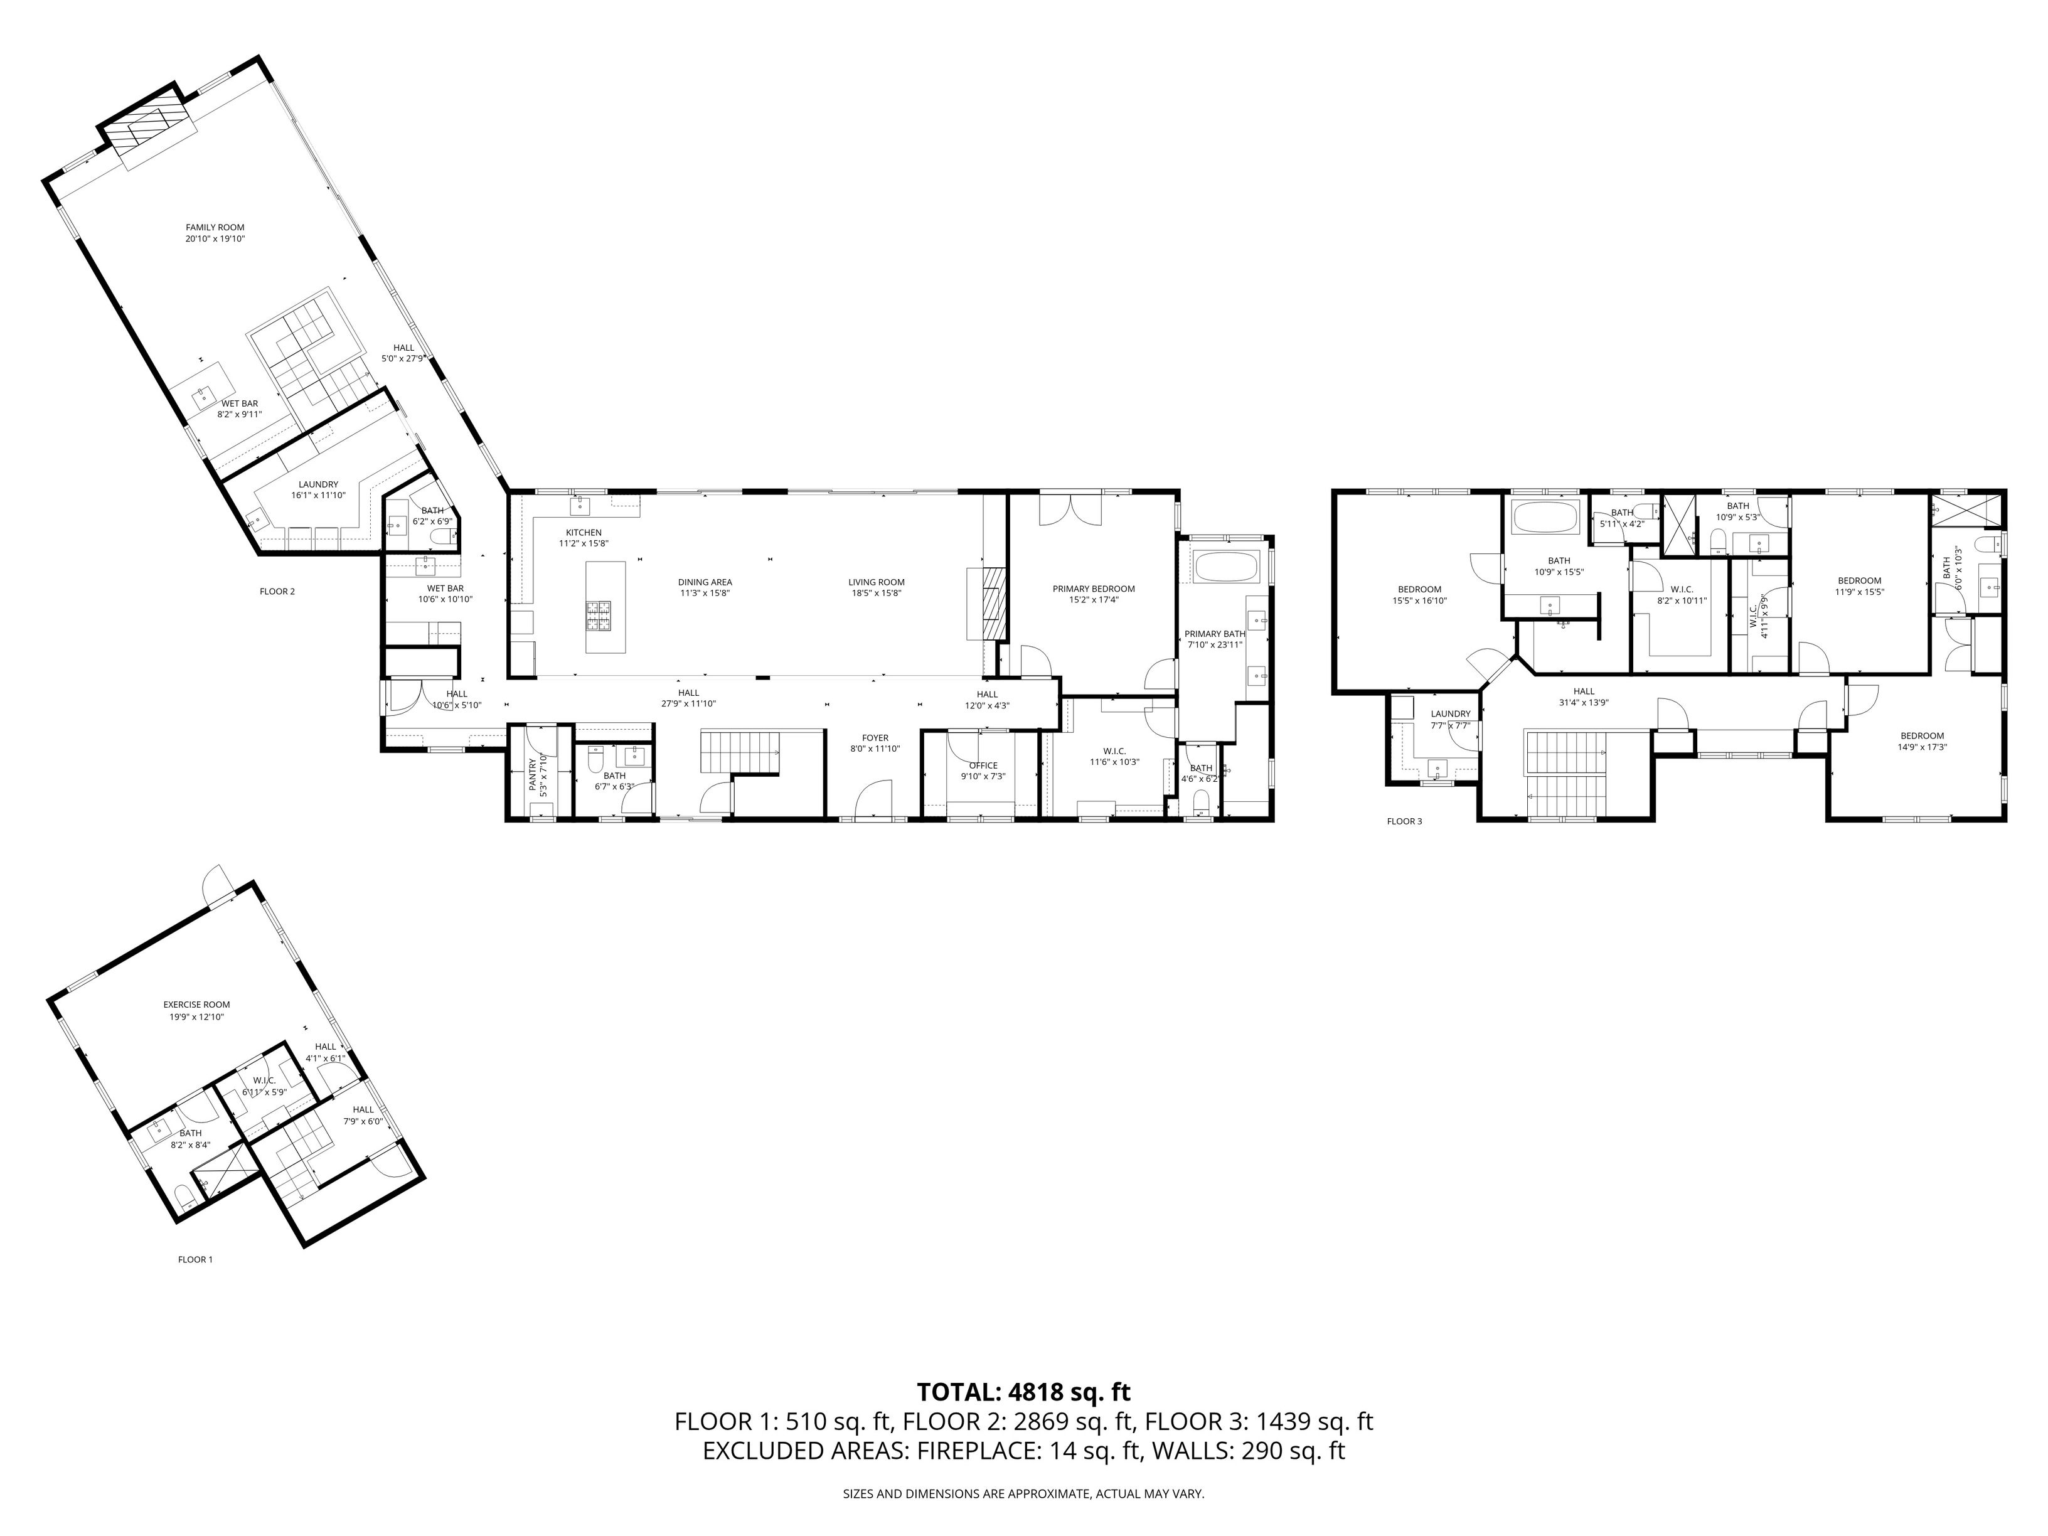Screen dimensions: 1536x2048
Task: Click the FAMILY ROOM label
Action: pyautogui.click(x=215, y=227)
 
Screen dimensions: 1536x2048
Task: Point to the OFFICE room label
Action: pyautogui.click(x=983, y=765)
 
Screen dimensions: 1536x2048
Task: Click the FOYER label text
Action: pyautogui.click(x=875, y=738)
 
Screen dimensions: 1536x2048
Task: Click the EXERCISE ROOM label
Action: pyautogui.click(x=196, y=1005)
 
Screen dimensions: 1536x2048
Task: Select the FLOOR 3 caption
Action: pyautogui.click(x=1404, y=821)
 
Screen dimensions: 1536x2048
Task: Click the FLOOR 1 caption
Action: pyautogui.click(x=195, y=1259)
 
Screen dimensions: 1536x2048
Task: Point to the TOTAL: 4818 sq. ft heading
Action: pyautogui.click(x=1023, y=1392)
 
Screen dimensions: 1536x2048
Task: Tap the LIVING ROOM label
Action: pyautogui.click(x=876, y=582)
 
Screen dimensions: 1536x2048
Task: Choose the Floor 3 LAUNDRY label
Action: pyautogui.click(x=1450, y=714)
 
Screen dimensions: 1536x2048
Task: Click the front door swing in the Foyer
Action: pyautogui.click(x=875, y=798)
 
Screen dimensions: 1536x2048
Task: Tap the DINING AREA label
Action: pyautogui.click(x=705, y=582)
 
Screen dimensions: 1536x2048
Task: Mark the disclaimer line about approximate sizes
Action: pyautogui.click(x=1023, y=1493)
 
